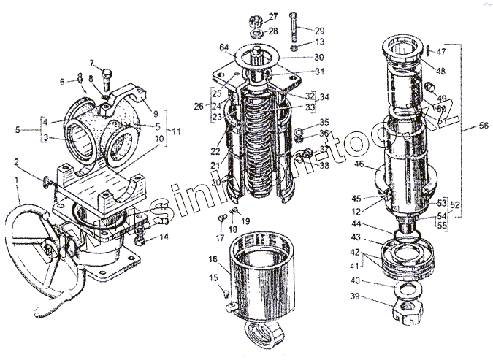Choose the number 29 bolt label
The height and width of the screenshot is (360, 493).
click(x=319, y=31)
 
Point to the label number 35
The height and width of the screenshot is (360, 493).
click(x=325, y=122)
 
